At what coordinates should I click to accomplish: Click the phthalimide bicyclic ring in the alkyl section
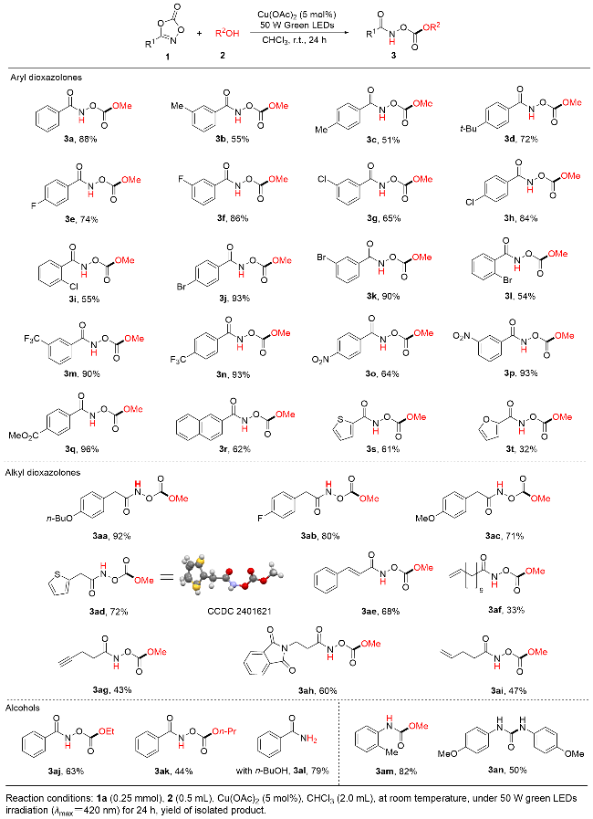pyautogui.click(x=272, y=664)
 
